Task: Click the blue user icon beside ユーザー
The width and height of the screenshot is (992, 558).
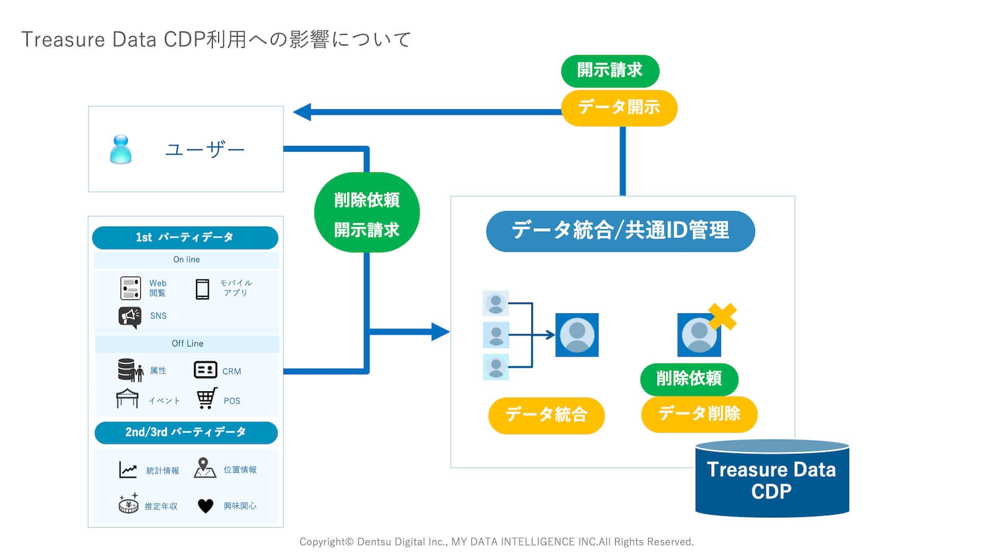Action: (x=121, y=149)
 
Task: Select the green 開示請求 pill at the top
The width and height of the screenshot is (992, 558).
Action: (x=609, y=71)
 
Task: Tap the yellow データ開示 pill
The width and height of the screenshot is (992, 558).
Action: (x=619, y=107)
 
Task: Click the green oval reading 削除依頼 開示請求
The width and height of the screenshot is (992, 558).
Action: (x=366, y=213)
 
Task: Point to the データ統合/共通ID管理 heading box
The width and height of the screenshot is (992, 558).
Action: (x=620, y=231)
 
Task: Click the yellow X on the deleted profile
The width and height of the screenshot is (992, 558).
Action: (x=722, y=316)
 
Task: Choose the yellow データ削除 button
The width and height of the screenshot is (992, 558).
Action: (x=699, y=414)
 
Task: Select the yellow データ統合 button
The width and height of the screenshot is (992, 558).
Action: (x=546, y=415)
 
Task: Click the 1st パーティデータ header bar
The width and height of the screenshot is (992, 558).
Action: (x=185, y=237)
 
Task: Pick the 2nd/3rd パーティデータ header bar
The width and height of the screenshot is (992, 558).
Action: (x=185, y=432)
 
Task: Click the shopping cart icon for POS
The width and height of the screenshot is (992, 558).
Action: (x=206, y=399)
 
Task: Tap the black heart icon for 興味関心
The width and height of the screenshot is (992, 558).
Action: (x=205, y=506)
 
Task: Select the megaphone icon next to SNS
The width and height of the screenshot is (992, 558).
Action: (x=130, y=317)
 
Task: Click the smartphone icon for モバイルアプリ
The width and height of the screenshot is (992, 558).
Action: (x=202, y=289)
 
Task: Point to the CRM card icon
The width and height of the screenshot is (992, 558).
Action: (x=205, y=370)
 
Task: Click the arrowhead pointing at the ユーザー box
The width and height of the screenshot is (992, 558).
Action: (x=302, y=112)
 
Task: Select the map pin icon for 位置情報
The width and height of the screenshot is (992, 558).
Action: (x=204, y=467)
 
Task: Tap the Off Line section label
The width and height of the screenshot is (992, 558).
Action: (x=187, y=343)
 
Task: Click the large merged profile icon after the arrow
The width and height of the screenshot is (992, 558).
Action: (x=577, y=335)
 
